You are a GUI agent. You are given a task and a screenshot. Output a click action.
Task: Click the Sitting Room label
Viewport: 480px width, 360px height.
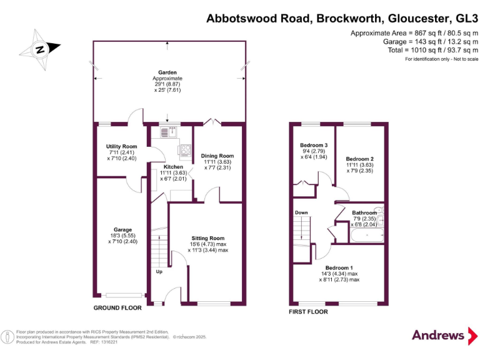pos(208,238)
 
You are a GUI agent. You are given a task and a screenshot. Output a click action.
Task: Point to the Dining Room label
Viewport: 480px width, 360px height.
pos(217,156)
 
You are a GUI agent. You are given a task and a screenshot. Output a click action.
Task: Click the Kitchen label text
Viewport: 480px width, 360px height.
pos(173,167)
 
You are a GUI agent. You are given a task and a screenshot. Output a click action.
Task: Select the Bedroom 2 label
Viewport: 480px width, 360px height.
pos(360,159)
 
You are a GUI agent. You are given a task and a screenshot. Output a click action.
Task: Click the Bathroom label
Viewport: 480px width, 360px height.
pos(364,212)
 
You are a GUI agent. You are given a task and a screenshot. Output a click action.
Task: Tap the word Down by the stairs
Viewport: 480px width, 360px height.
pos(301,213)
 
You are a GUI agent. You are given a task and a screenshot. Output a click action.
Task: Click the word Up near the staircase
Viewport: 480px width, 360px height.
pos(159,271)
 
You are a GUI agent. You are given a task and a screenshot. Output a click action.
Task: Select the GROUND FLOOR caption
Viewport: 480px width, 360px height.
pos(117,308)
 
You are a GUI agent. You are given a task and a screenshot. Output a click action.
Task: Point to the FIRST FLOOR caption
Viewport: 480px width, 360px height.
pos(308,311)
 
